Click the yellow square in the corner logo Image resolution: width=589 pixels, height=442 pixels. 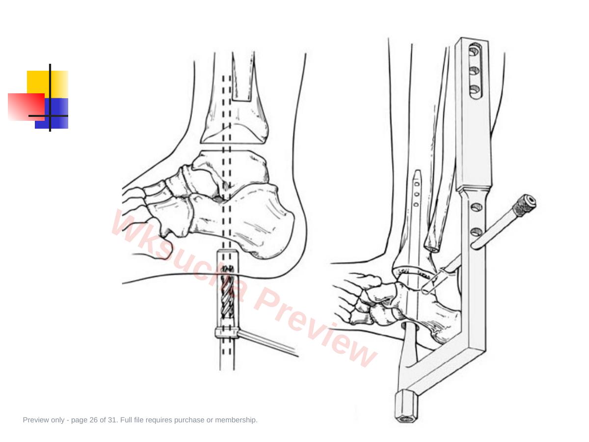(48, 84)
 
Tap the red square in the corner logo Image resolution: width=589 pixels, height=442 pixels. (27, 107)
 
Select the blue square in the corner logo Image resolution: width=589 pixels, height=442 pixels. (52, 113)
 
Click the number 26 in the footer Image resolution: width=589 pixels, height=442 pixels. (93, 420)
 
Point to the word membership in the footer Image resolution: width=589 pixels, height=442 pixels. (236, 420)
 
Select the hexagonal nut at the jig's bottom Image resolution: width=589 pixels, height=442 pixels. (406, 406)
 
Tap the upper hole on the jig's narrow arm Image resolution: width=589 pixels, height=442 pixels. (476, 207)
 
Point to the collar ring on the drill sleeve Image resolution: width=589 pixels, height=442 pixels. (227, 332)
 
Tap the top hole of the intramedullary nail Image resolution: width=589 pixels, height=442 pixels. (417, 184)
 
